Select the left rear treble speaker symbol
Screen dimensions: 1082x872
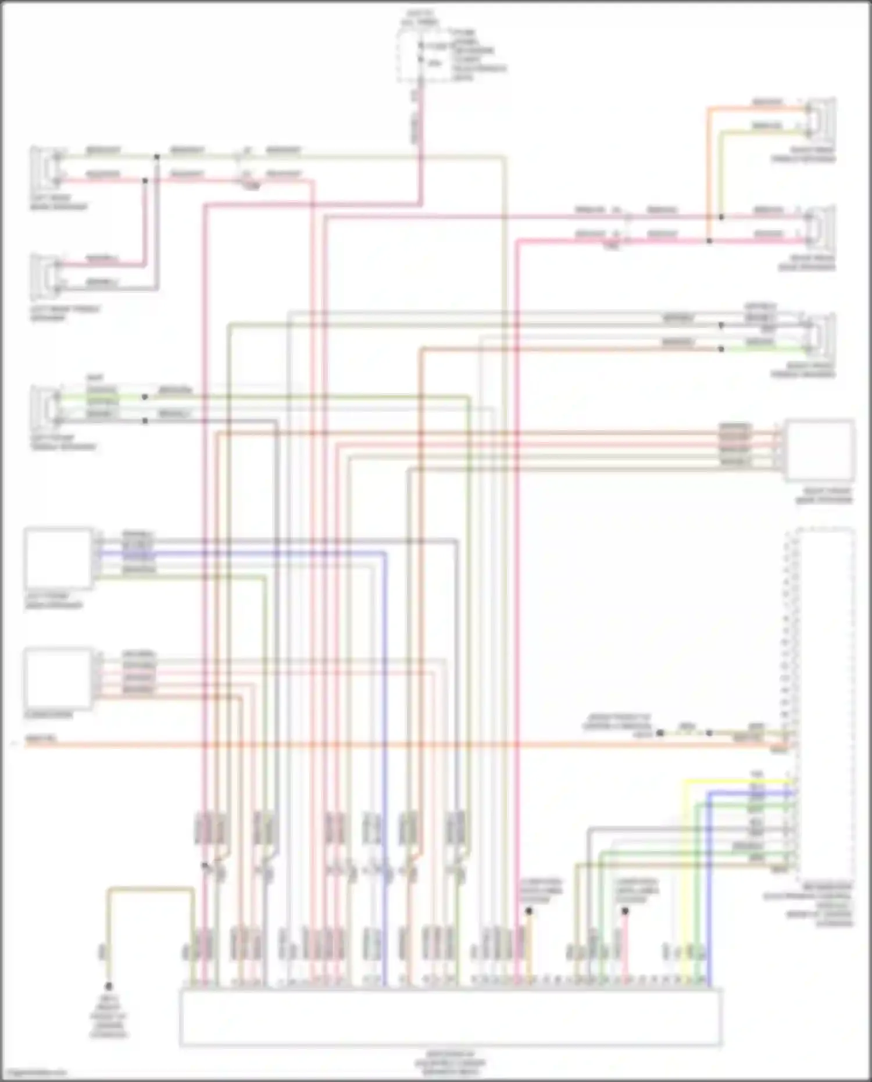(x=45, y=276)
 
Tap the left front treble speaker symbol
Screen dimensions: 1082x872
(x=45, y=406)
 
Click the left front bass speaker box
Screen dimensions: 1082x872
(x=58, y=558)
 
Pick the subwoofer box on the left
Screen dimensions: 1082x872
(x=58, y=678)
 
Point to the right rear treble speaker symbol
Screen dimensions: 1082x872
(x=821, y=121)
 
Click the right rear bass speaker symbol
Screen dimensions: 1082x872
(x=821, y=228)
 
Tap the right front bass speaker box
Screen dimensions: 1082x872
(x=820, y=450)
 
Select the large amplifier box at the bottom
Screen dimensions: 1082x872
(x=451, y=1017)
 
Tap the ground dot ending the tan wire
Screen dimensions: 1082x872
(x=108, y=987)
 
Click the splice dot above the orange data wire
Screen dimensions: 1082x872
(x=529, y=911)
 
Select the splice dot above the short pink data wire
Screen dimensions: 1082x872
(x=625, y=911)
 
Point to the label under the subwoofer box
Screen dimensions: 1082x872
(x=49, y=715)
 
